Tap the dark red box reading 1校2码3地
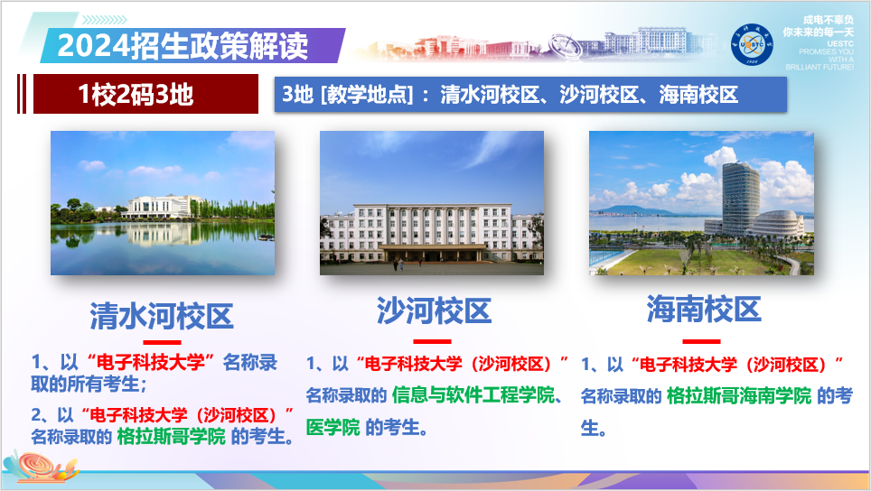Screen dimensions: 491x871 136,94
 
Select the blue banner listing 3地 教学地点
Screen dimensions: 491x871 529,94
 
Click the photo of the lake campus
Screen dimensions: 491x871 163,203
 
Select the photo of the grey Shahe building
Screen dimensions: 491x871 432,203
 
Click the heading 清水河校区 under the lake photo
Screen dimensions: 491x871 162,316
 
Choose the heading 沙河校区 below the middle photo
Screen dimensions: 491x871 434,311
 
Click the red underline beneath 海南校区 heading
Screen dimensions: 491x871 701,341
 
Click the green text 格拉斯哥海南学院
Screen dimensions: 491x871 738,396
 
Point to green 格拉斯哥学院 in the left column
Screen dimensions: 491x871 172,437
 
